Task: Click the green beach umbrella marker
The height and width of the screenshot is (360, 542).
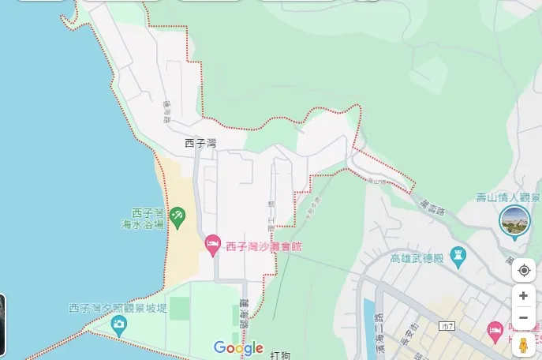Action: pyautogui.click(x=178, y=216)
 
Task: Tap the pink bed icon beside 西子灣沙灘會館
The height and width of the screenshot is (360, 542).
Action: pyautogui.click(x=211, y=245)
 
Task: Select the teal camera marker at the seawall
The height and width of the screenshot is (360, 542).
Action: pyautogui.click(x=118, y=323)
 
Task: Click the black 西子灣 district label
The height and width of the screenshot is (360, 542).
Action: pyautogui.click(x=200, y=143)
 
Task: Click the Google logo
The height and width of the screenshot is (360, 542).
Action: pyautogui.click(x=237, y=347)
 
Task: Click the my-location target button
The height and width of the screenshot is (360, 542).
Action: pyautogui.click(x=524, y=271)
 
